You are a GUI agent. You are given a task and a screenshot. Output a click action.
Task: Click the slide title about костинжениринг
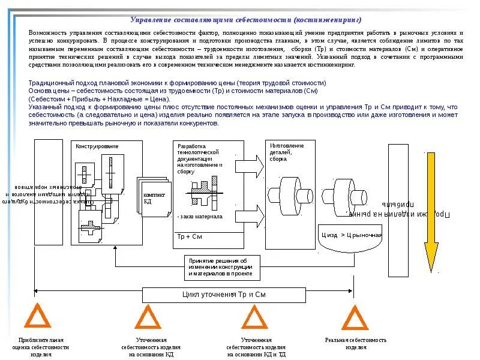246,19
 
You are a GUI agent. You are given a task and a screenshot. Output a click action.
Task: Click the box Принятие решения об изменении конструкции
221,267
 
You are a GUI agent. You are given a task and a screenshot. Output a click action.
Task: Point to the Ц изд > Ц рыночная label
352,234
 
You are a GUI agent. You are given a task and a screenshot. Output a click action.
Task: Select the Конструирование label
97,146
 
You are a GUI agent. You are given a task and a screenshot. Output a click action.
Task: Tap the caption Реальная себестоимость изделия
355,343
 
